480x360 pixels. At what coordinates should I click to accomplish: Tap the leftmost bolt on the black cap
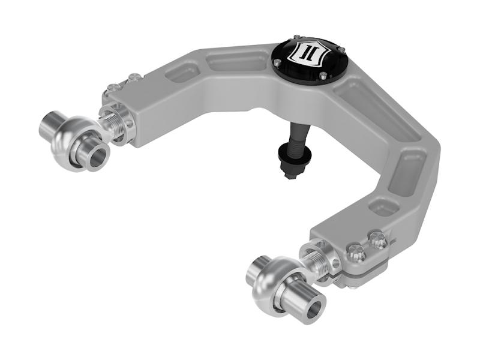(277, 62)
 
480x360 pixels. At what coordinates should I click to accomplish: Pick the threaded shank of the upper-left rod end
(112, 124)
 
